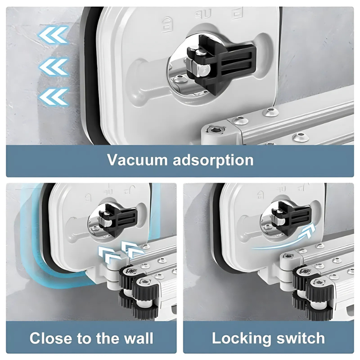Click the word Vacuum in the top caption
point(137,160)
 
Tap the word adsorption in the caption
point(213,160)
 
